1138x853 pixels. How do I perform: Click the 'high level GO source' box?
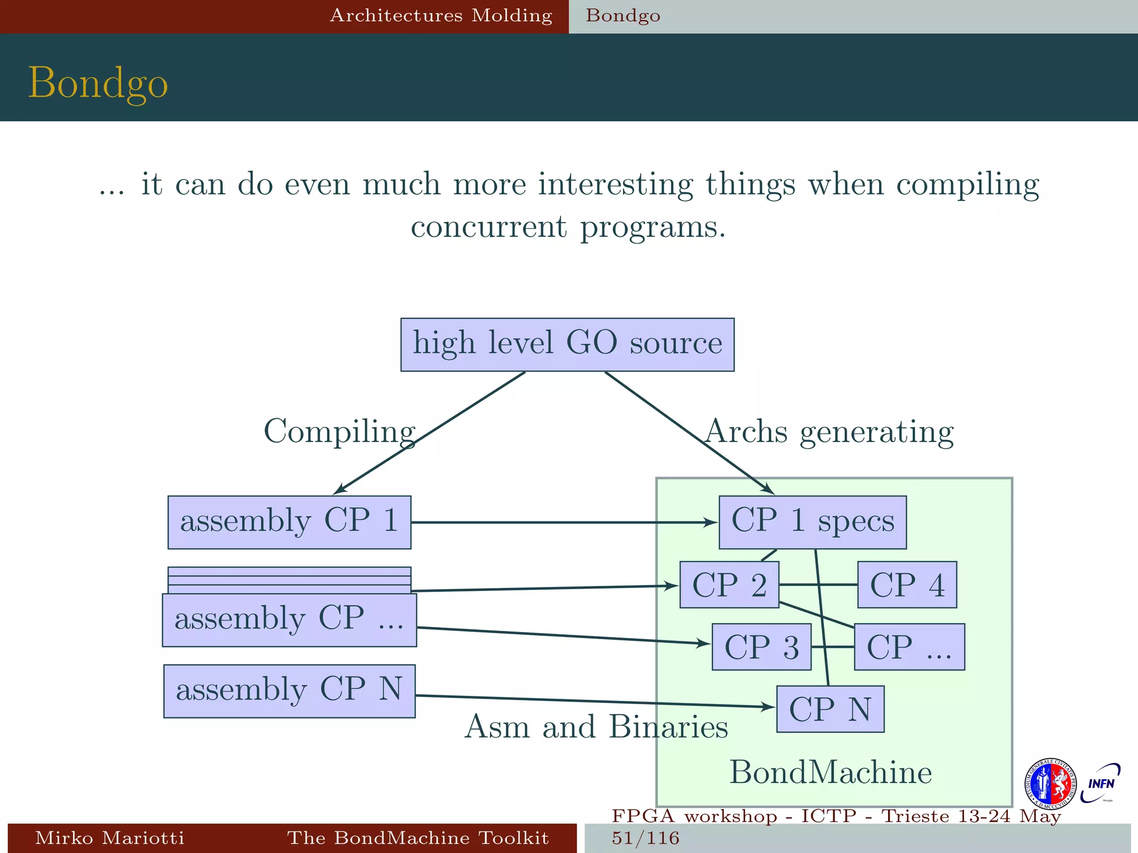(x=567, y=344)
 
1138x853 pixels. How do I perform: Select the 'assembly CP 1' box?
(x=289, y=522)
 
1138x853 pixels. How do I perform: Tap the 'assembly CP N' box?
(x=289, y=691)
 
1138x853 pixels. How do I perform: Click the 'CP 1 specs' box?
(x=812, y=522)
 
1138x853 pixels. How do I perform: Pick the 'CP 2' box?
(x=729, y=585)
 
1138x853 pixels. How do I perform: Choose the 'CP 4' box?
(x=907, y=585)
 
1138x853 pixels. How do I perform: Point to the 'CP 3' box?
(x=761, y=647)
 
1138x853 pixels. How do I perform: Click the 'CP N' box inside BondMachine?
(x=830, y=709)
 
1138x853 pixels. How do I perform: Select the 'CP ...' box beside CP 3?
(x=909, y=647)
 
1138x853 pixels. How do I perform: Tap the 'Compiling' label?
(x=339, y=431)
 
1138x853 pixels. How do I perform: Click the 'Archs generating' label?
(x=829, y=431)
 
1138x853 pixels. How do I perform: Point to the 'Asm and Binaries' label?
(x=596, y=726)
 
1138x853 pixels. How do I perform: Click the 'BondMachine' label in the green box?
(x=830, y=772)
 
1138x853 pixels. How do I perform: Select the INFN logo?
(x=1100, y=784)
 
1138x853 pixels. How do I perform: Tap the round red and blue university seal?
(x=1050, y=784)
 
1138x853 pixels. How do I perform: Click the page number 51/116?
(x=646, y=837)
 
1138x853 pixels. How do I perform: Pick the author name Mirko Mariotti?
(x=109, y=837)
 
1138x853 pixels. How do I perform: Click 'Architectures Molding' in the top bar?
(x=441, y=16)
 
